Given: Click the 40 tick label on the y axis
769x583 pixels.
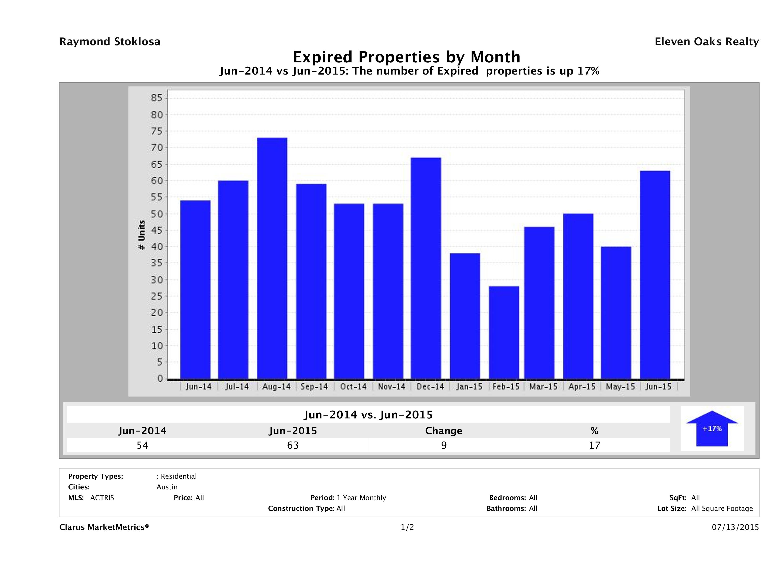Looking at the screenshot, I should (156, 247).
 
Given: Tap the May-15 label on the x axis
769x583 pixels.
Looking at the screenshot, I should (620, 387).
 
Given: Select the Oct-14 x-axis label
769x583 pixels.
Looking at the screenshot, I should (353, 387).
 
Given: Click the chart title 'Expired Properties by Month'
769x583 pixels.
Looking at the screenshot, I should (406, 57).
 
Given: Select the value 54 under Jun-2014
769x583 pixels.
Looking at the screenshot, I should (143, 445).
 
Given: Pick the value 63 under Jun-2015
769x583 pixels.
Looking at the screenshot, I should (293, 445).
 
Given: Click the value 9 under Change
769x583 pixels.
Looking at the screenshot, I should (444, 445).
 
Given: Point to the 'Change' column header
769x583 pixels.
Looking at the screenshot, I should (444, 431).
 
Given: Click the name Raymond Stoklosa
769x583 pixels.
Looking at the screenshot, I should (110, 42).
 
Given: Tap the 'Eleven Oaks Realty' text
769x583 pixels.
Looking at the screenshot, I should (706, 42).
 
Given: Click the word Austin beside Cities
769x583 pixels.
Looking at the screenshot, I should (167, 487).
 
